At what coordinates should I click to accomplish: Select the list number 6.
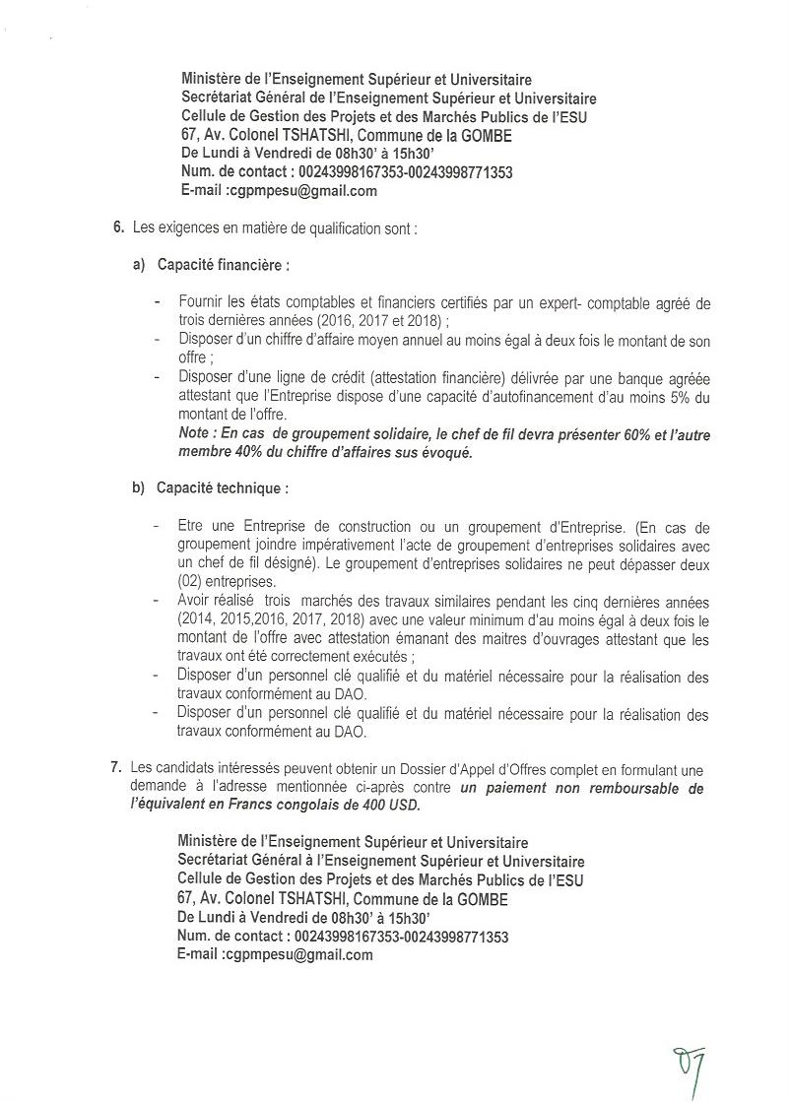pyautogui.click(x=118, y=228)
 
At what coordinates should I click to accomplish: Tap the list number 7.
pyautogui.click(x=119, y=769)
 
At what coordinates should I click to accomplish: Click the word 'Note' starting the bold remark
pyautogui.click(x=195, y=434)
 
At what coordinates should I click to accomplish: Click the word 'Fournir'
pyautogui.click(x=202, y=303)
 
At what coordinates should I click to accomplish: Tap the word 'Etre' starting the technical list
pyautogui.click(x=191, y=527)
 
